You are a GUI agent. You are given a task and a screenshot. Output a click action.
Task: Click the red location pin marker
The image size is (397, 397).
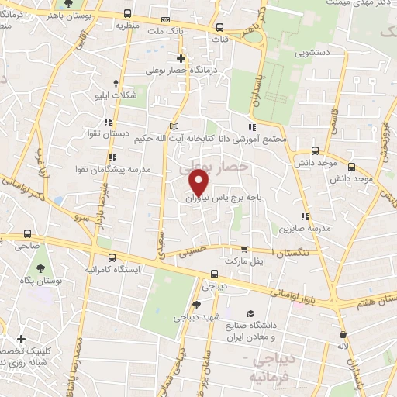tap(199, 183)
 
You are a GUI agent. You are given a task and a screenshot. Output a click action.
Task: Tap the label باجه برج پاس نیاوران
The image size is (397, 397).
tap(230, 198)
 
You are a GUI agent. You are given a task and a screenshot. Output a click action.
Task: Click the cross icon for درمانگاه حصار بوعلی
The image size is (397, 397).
tap(181, 58)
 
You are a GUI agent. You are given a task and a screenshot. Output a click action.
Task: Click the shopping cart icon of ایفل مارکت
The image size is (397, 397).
tap(245, 250)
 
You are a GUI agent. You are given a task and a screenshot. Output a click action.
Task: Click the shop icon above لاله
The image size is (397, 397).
tap(342, 334)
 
